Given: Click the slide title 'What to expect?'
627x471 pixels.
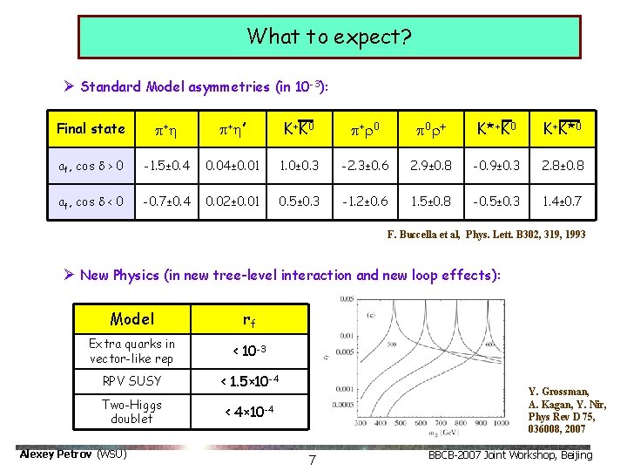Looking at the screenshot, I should coord(329,37).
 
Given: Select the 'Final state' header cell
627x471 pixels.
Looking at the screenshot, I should coord(91,129).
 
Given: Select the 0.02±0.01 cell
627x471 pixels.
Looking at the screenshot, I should coord(231,201).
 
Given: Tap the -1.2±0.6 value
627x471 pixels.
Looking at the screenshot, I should coord(364,201).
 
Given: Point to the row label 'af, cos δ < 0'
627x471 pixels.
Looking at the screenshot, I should coord(91,201).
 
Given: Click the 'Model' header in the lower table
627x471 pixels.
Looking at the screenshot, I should coord(132,319).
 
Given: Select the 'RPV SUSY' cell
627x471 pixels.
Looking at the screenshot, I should coord(132,380).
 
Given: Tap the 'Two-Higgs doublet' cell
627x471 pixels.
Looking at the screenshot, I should coord(132,411).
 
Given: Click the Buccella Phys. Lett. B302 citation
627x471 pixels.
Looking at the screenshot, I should coord(486,235).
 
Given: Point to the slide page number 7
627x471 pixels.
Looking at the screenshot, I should coord(312,459).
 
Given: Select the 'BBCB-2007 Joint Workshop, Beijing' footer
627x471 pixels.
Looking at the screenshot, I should coord(510,455).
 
